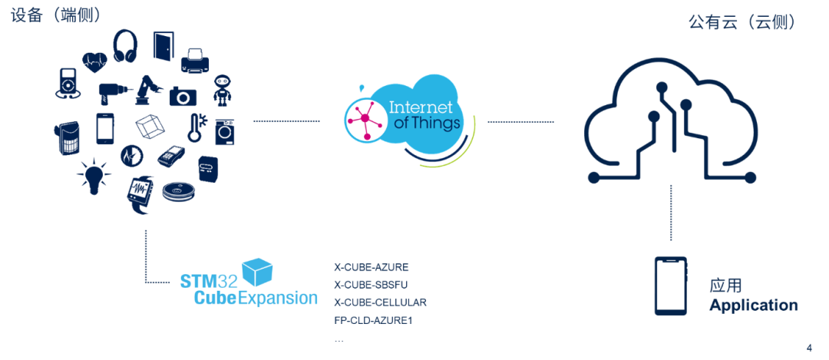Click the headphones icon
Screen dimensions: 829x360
tap(125, 46)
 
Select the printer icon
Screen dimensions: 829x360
tap(197, 61)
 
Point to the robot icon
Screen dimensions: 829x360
tap(222, 91)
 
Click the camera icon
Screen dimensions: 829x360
tap(183, 96)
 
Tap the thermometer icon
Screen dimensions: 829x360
tap(197, 127)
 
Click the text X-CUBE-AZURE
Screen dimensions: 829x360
tap(372, 267)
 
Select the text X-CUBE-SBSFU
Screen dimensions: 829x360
tap(372, 285)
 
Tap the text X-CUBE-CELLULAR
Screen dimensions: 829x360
tap(380, 303)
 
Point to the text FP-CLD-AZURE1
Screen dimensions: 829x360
tap(373, 321)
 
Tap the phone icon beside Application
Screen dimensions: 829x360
tap(671, 286)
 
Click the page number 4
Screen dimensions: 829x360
tap(809, 348)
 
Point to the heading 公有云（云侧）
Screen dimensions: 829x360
tap(742, 22)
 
